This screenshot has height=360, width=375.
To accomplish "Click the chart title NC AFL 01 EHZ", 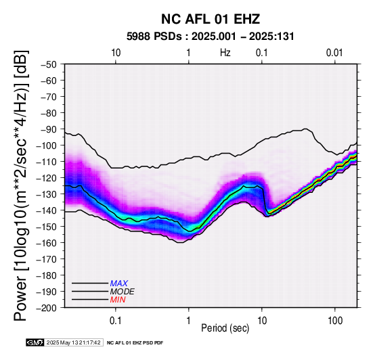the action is point(211,19).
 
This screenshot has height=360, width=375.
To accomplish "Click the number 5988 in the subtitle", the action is point(139,37).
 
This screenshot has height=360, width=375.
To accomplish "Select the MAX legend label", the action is point(119,284).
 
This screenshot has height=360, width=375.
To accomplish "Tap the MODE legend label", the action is point(123,292).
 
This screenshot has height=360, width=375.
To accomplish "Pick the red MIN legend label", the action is point(118,300).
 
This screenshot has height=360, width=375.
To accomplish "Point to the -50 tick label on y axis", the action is point(49,64).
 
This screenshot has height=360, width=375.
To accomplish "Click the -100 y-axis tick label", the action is point(47,145).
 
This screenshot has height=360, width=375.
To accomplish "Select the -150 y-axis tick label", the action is point(47,227).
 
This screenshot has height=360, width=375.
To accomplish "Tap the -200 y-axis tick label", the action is point(47,308).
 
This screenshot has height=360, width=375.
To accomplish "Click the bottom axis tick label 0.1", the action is point(115,320).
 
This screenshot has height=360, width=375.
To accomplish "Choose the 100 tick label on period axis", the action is point(335,320).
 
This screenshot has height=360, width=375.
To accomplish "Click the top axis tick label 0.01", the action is point(334,53).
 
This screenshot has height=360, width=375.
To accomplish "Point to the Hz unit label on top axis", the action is point(225,53).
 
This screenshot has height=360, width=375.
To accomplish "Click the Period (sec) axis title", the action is point(225,328).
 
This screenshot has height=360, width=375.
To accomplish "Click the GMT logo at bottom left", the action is point(35,342).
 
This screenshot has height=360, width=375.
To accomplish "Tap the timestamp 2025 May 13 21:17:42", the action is point(73,342).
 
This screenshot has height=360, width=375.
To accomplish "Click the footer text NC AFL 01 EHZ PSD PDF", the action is point(135,343).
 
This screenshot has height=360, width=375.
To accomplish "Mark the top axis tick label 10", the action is point(116,53).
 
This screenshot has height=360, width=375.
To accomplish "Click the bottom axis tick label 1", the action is point(188,320).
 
